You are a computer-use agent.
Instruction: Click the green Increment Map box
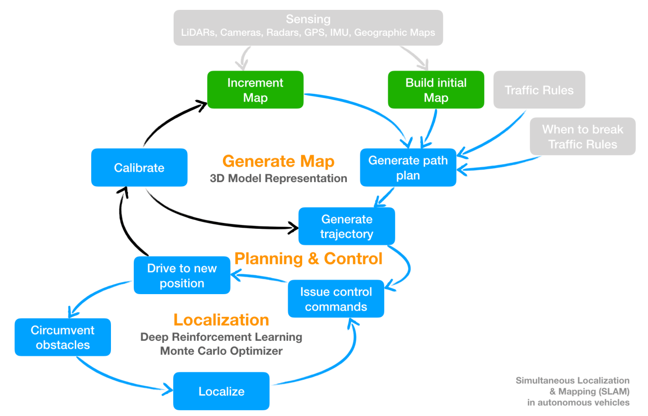pyautogui.click(x=255, y=90)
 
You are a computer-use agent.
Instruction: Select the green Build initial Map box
pyautogui.click(x=435, y=90)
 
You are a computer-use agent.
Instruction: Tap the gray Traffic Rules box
pyautogui.click(x=539, y=90)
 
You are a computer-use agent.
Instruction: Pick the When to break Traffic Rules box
pyautogui.click(x=582, y=136)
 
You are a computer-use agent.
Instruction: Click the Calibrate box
pyautogui.click(x=139, y=168)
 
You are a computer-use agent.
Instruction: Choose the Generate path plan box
pyautogui.click(x=408, y=168)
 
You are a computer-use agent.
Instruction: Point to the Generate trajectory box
pyautogui.click(x=346, y=226)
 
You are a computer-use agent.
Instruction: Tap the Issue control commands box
pyautogui.click(x=336, y=299)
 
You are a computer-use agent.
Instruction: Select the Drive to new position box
pyautogui.click(x=181, y=275)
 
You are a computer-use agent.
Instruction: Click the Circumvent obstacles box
pyautogui.click(x=62, y=337)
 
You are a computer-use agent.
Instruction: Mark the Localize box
pyautogui.click(x=221, y=391)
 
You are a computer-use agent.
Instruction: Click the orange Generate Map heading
pyautogui.click(x=278, y=161)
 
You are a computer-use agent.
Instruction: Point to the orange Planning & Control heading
pyautogui.click(x=308, y=258)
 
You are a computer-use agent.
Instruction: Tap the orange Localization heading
pyautogui.click(x=221, y=320)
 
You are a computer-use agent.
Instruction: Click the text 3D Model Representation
pyautogui.click(x=278, y=178)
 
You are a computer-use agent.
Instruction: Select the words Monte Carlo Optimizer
pyautogui.click(x=221, y=351)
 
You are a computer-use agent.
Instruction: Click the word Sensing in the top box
pyautogui.click(x=308, y=20)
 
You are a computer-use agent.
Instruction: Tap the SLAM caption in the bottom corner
pyautogui.click(x=572, y=391)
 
